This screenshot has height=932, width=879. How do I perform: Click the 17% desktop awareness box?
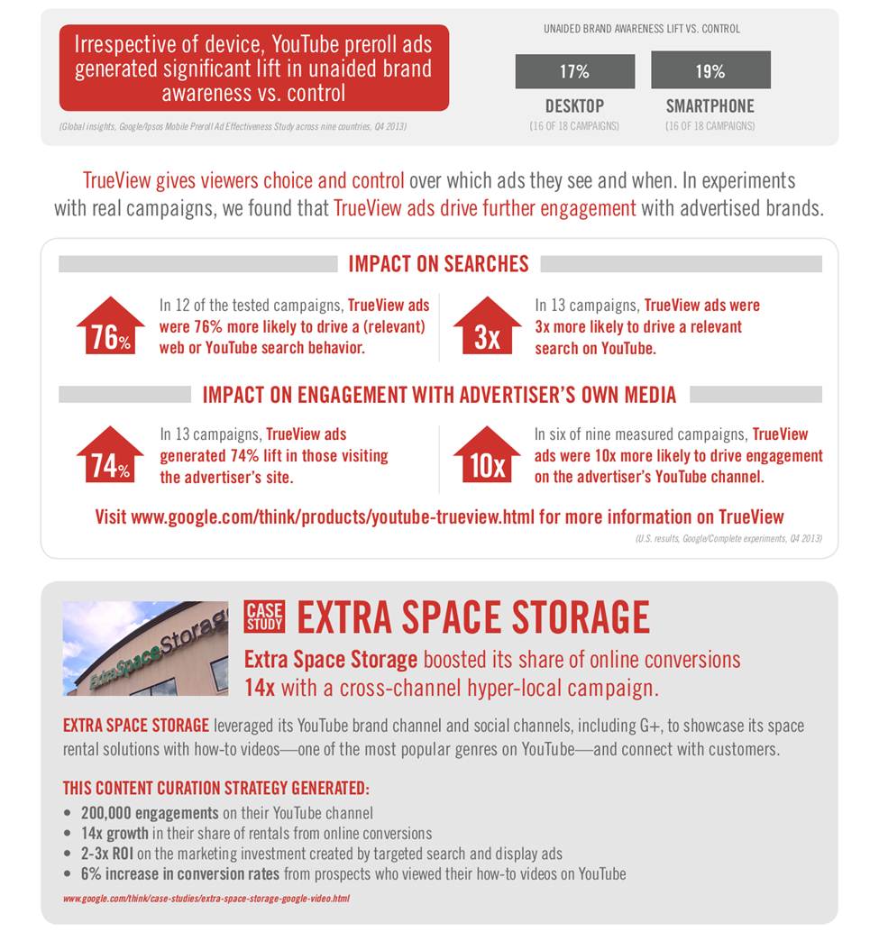(x=574, y=71)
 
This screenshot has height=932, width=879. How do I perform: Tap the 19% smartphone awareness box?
(x=710, y=71)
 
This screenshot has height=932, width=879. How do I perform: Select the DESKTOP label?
(x=574, y=105)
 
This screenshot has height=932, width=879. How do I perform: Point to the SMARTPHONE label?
(x=710, y=105)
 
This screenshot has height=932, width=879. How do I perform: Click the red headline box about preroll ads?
(x=253, y=68)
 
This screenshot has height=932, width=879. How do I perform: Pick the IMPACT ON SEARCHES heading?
(x=438, y=264)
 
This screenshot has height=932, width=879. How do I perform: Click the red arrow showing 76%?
(x=110, y=325)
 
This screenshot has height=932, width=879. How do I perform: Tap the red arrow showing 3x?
(x=487, y=325)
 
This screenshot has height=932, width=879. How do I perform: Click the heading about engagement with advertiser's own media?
(x=439, y=395)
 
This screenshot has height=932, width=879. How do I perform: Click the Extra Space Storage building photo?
(x=145, y=648)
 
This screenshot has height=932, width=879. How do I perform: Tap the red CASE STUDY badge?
(x=264, y=616)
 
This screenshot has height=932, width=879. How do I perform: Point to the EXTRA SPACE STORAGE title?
(x=473, y=617)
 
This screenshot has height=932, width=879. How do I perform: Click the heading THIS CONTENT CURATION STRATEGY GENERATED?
(x=215, y=787)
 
